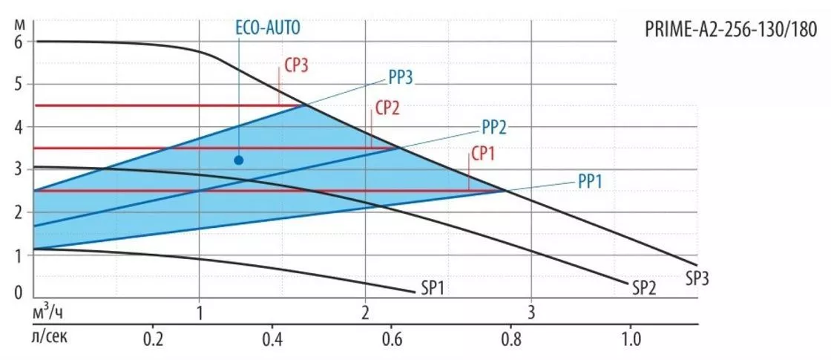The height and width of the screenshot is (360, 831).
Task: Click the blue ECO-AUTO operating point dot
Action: click(x=238, y=160)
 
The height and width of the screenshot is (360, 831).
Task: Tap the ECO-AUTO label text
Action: click(x=268, y=28)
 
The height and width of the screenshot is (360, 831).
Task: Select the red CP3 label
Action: click(x=296, y=66)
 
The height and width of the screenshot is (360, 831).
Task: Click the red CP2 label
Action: click(x=387, y=108)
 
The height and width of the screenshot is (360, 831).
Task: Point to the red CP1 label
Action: click(x=483, y=154)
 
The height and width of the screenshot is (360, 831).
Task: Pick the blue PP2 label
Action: click(x=494, y=127)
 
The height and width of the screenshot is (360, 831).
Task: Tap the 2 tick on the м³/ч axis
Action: click(x=365, y=312)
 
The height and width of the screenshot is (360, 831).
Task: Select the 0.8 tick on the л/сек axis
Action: click(x=511, y=337)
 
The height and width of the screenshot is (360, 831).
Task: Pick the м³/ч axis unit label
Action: click(x=48, y=312)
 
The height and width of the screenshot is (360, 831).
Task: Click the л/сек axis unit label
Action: click(x=50, y=337)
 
